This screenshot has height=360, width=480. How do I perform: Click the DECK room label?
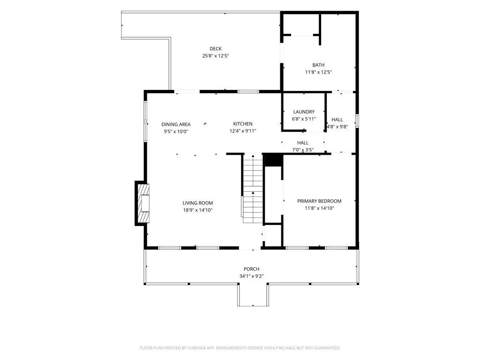click(216, 49)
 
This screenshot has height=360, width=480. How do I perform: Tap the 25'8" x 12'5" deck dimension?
click(216, 56)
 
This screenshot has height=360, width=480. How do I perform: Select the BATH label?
click(318, 65)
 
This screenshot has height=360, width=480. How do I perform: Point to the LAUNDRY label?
click(304, 112)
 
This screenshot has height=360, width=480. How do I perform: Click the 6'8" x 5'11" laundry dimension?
click(304, 119)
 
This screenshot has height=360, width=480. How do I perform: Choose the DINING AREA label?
click(176, 124)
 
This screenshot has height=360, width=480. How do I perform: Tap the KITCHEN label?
click(243, 124)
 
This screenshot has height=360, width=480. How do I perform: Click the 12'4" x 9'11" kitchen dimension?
click(243, 131)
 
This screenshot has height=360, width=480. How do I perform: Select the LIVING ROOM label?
click(198, 203)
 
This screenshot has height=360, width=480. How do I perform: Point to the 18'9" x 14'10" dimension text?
click(198, 210)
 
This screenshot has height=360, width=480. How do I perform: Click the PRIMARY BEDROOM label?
click(319, 201)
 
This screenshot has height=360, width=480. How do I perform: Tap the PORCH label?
click(251, 269)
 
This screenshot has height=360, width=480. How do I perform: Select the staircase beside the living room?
click(253, 188)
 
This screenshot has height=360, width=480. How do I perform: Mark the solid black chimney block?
click(273, 160)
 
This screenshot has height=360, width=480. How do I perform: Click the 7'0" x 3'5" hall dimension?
click(303, 150)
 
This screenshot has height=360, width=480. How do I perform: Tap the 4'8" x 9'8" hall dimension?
click(337, 127)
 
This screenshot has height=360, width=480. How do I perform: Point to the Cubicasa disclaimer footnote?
click(240, 348)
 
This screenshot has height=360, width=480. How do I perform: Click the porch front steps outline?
click(253, 306)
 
